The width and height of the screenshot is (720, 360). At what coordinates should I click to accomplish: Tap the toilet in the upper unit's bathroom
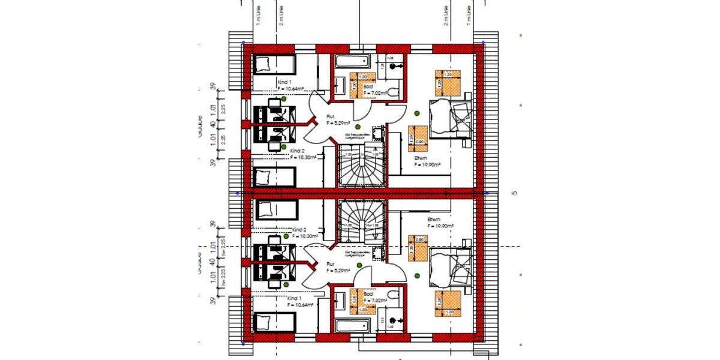click(x=393, y=92)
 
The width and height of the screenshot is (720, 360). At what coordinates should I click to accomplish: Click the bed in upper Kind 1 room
click(x=274, y=64)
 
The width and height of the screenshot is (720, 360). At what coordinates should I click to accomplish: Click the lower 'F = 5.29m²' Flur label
click(x=338, y=271)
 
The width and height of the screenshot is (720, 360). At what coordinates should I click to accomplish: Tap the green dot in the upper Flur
click(x=358, y=127)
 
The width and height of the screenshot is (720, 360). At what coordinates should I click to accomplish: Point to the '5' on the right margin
click(x=514, y=193)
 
